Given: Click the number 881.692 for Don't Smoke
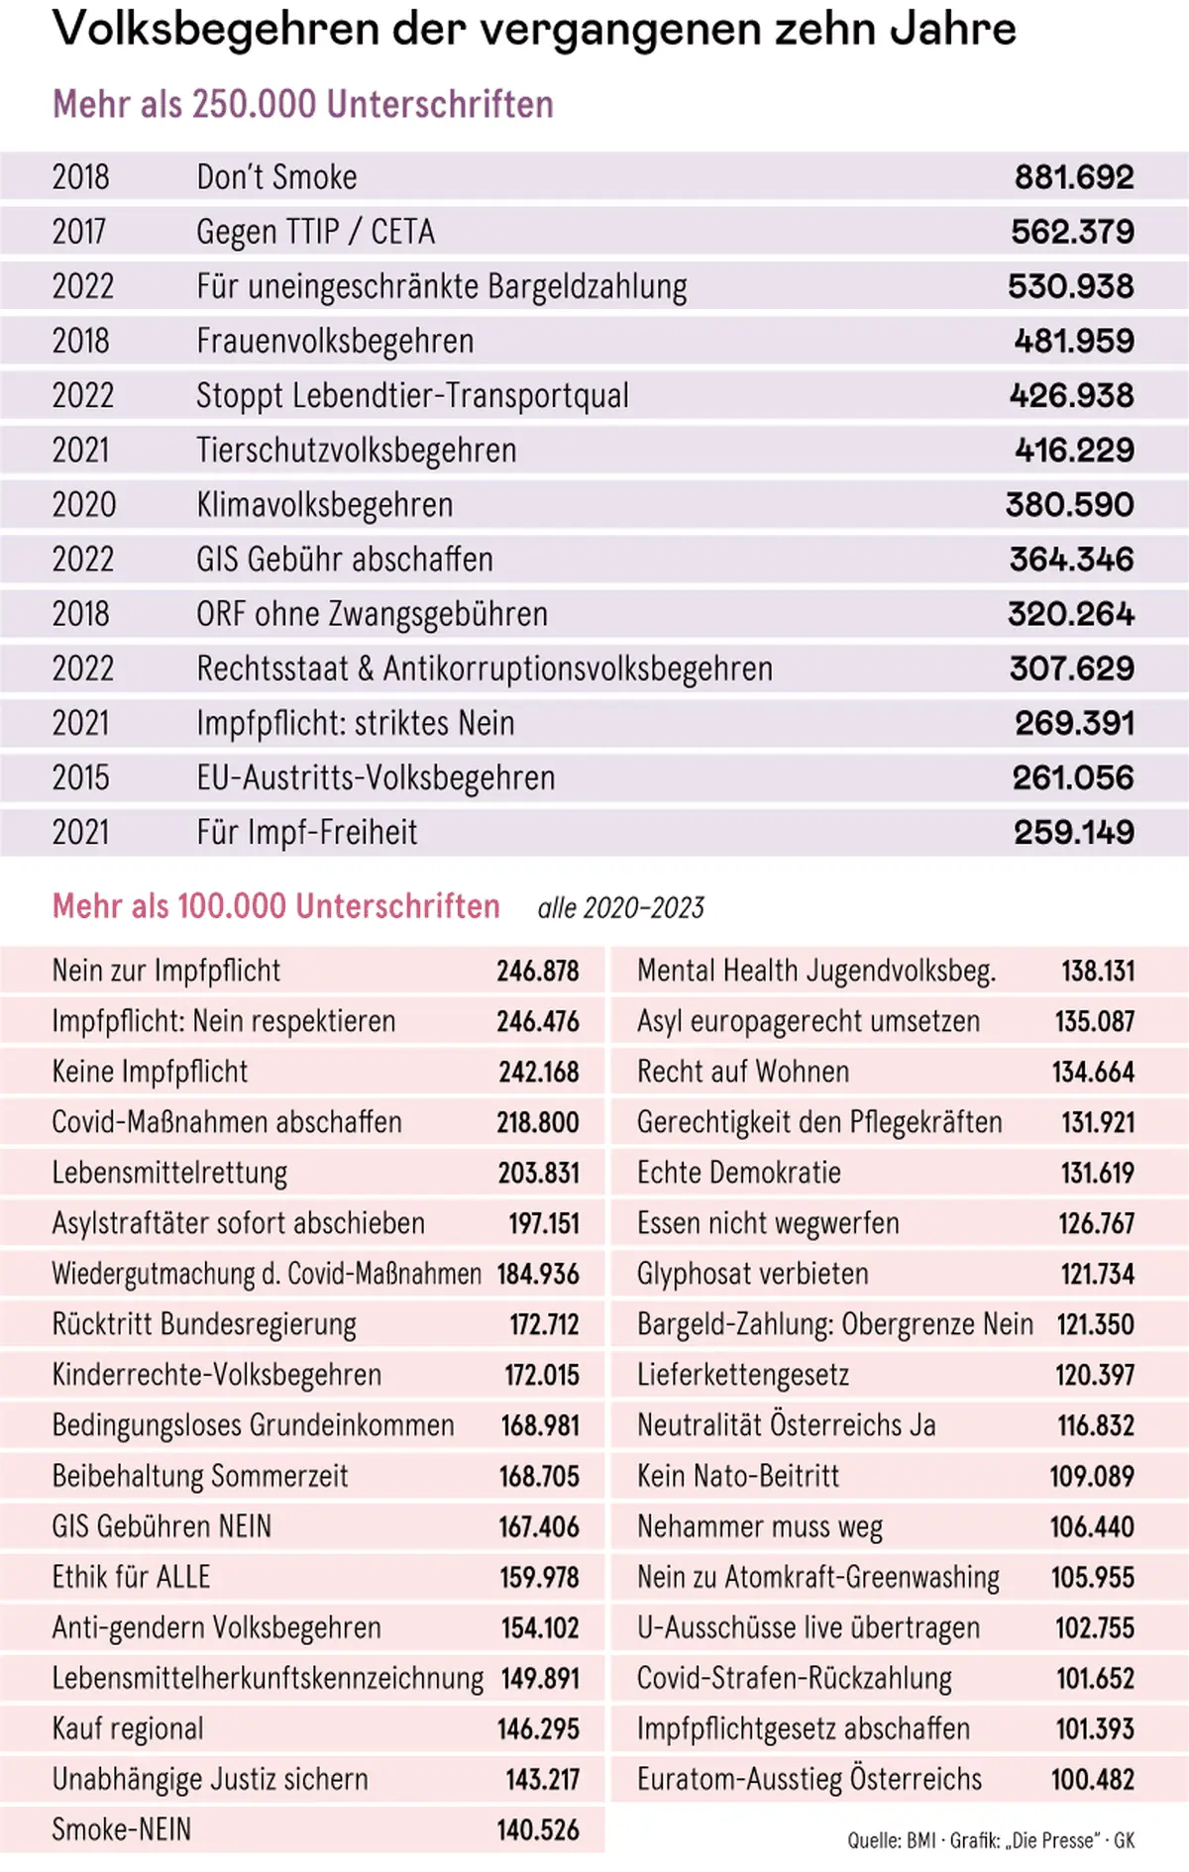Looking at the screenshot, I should pyautogui.click(x=1073, y=178).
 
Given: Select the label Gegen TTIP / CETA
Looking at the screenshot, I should pyautogui.click(x=315, y=233).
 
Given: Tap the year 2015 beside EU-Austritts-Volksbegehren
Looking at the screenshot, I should pyautogui.click(x=80, y=779).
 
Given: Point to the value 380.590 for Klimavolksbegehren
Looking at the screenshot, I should pyautogui.click(x=1069, y=505).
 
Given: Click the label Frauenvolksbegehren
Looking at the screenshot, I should pyautogui.click(x=335, y=342).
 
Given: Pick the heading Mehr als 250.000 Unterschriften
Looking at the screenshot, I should pyautogui.click(x=302, y=105).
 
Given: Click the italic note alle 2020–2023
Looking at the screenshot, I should pyautogui.click(x=620, y=908).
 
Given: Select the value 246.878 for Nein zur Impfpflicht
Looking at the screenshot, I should pyautogui.click(x=537, y=972).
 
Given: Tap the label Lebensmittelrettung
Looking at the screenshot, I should pyautogui.click(x=169, y=1174).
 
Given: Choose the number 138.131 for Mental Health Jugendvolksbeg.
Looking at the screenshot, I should pyautogui.click(x=1097, y=972).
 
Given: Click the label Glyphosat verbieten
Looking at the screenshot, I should pyautogui.click(x=752, y=1275).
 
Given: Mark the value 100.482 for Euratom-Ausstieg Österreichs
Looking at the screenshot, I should pyautogui.click(x=1092, y=1780).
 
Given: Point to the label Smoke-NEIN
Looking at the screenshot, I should pyautogui.click(x=121, y=1830).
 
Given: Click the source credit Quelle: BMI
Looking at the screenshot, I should pyautogui.click(x=891, y=1841).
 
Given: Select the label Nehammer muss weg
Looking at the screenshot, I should pyautogui.click(x=759, y=1527).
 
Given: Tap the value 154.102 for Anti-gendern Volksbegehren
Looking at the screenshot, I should pyautogui.click(x=538, y=1628).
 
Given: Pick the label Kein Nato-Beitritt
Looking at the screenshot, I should pyautogui.click(x=737, y=1477).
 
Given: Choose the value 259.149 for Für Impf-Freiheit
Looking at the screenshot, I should pyautogui.click(x=1073, y=833).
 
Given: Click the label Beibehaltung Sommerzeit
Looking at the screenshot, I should pyautogui.click(x=199, y=1477).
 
